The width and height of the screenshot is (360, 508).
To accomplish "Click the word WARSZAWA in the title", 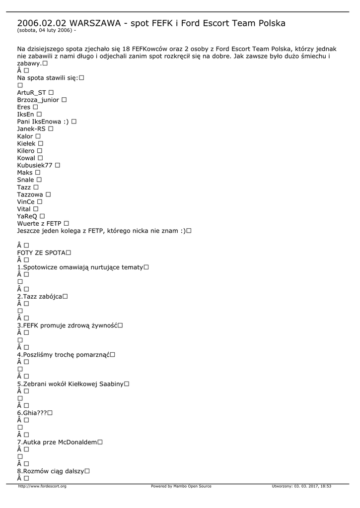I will pos(93,23).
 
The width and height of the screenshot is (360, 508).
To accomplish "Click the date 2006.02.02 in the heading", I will pos(42,23).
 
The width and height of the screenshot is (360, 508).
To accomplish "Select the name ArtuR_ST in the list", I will pos(31,93).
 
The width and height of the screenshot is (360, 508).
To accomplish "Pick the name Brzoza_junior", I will pos(38,100).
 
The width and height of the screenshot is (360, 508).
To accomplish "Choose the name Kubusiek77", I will pos(35,165).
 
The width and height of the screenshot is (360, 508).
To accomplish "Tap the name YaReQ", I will pos(27,216).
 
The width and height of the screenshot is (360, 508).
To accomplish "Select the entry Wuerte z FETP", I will pos(39,224).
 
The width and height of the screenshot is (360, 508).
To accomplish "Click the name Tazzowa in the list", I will pos(30,194).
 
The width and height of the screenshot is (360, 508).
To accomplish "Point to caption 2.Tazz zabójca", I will pos(39,296).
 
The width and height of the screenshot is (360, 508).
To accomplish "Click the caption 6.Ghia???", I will pos(31,413).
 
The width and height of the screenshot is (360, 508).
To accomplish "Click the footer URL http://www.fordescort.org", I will pos(42,486).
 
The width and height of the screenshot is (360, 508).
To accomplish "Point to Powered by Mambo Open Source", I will pos(181,486).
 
